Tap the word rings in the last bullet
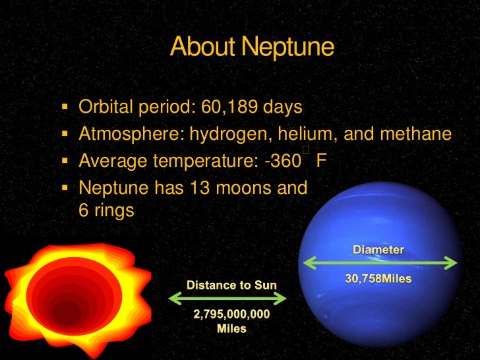pyautogui.click(x=115, y=211)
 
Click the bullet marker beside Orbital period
pyautogui.click(x=65, y=105)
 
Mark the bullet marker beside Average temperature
pyautogui.click(x=65, y=160)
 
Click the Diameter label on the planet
pyautogui.click(x=378, y=250)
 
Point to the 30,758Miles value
pyautogui.click(x=378, y=279)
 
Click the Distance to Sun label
pyautogui.click(x=231, y=285)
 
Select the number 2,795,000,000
pyautogui.click(x=231, y=315)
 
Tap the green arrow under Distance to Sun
pyautogui.click(x=228, y=299)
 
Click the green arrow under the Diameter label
pyautogui.click(x=379, y=263)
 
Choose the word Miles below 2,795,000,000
pyautogui.click(x=231, y=328)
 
